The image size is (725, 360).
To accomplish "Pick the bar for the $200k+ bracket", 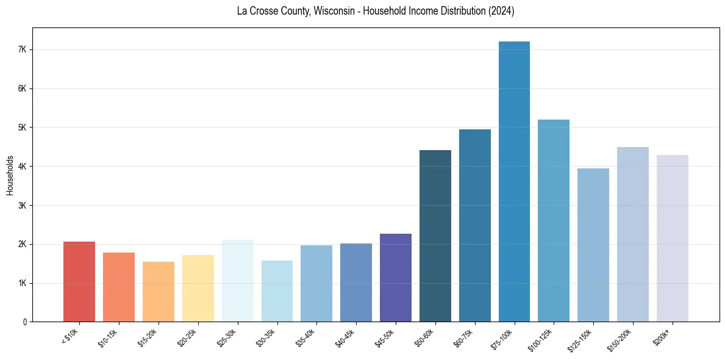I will [x=673, y=239].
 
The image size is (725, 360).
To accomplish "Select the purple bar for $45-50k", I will [x=396, y=278].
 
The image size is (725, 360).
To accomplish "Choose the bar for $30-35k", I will [x=277, y=291].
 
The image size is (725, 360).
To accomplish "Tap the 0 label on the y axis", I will [x=24, y=322].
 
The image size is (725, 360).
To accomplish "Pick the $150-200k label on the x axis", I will [x=621, y=339].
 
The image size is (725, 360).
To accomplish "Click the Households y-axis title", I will [x=10, y=175].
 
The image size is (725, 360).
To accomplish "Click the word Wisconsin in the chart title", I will [x=330, y=12].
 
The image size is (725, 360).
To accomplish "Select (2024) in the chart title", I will [x=501, y=12].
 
